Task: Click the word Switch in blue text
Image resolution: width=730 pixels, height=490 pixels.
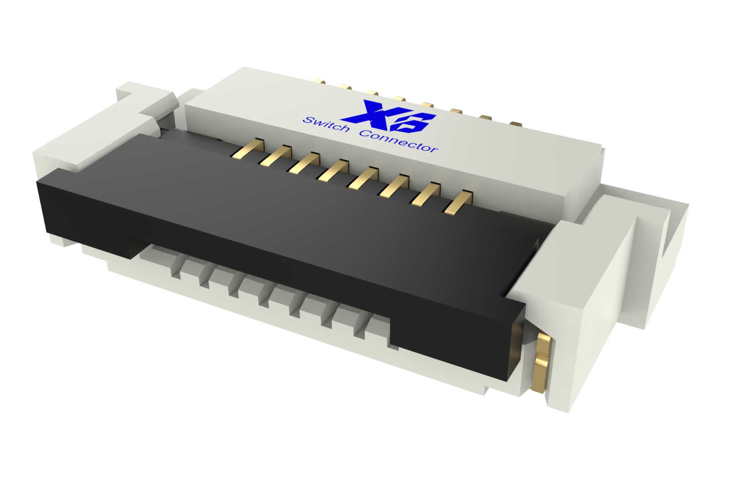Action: pos(326,124)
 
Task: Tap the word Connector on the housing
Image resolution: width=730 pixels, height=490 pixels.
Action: pos(398,141)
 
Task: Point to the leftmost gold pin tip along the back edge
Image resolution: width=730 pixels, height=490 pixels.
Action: pos(320,82)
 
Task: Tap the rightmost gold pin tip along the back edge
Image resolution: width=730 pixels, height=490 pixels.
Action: pos(516,123)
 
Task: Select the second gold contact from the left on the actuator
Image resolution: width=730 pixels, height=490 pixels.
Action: pos(277,156)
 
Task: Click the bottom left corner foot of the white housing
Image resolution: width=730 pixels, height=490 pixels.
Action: pos(59,240)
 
